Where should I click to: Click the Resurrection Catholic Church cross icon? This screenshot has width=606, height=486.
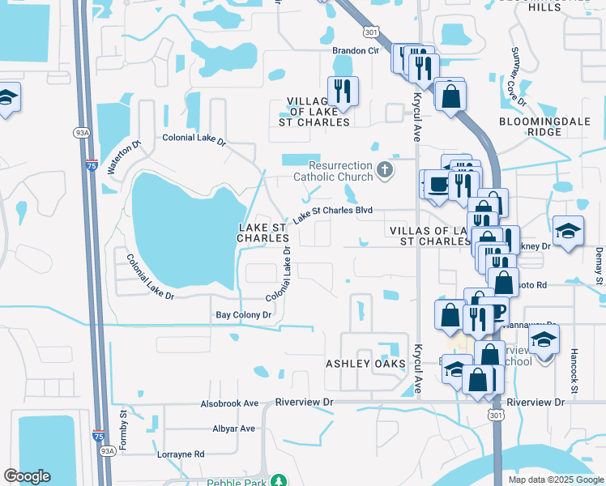tap(385, 170)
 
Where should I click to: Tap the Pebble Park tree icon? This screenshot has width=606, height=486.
tap(279, 481)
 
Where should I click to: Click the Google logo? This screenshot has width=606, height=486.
tap(27, 476)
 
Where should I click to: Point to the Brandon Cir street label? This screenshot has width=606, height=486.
tap(356, 50)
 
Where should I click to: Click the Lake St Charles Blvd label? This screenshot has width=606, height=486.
tap(332, 214)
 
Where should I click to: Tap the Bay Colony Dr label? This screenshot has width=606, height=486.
tap(242, 314)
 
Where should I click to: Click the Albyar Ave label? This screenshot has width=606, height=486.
tap(233, 428)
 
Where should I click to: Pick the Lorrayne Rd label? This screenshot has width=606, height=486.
tap(181, 454)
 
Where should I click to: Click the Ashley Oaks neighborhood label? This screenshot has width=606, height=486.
tap(365, 364)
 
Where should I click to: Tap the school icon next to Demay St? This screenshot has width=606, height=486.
tap(568, 230)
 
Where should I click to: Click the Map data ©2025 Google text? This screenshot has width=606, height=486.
tap(555, 480)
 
